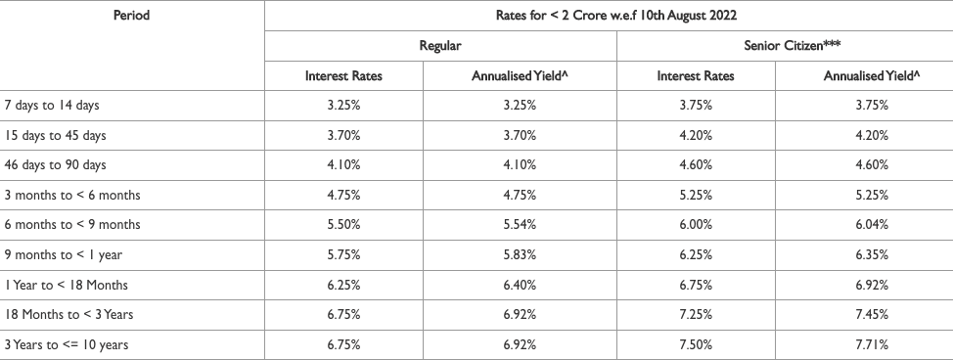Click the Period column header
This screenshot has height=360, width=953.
(131, 17)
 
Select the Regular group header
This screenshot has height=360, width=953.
(440, 46)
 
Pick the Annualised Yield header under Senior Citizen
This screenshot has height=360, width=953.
(861, 76)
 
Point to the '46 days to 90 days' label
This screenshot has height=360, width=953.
(56, 164)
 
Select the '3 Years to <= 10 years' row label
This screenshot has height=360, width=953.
(67, 344)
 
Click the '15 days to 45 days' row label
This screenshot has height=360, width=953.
(56, 135)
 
